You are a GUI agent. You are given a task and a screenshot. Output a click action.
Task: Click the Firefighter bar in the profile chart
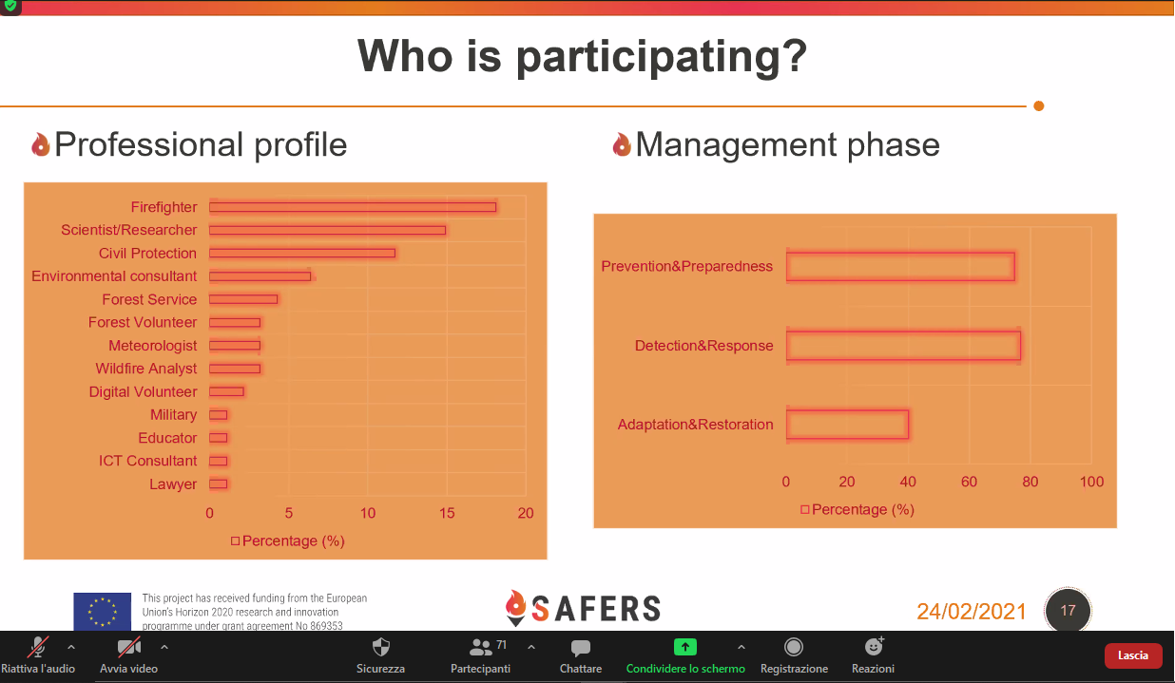point(353,207)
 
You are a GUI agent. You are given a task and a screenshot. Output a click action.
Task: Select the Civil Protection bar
point(302,254)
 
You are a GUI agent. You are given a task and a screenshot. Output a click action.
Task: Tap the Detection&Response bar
point(903,346)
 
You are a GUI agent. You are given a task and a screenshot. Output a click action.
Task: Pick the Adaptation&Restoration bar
point(847,424)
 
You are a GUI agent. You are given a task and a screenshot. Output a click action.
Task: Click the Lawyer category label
point(173,484)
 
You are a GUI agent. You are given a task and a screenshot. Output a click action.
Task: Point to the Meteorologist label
point(153,346)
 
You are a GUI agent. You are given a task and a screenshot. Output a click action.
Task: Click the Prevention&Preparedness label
point(686,266)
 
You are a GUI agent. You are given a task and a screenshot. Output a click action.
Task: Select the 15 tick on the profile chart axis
point(447,513)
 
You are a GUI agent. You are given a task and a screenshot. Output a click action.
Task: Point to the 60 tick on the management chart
point(969,482)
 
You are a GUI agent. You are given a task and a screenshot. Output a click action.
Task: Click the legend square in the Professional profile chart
point(235,541)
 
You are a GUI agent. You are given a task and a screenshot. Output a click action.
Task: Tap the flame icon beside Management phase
point(622,144)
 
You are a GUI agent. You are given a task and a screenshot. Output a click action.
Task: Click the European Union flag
point(103,611)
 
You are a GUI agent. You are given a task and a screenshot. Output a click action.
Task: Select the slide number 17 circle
point(1068,611)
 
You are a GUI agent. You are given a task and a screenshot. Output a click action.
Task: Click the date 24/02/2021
point(971,611)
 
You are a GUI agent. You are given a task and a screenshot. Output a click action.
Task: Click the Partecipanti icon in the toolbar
point(480,647)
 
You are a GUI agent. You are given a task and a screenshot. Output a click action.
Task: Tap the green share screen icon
point(685,647)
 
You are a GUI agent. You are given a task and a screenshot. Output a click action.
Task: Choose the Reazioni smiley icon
point(874,647)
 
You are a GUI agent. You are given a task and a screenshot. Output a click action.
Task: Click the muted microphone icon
point(38,647)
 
